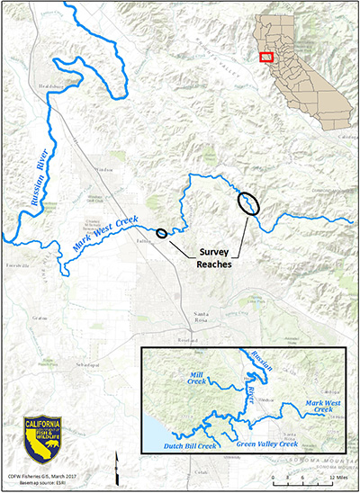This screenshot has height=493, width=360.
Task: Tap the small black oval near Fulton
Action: point(161,233)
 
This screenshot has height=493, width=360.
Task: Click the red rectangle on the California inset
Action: point(265,56)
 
